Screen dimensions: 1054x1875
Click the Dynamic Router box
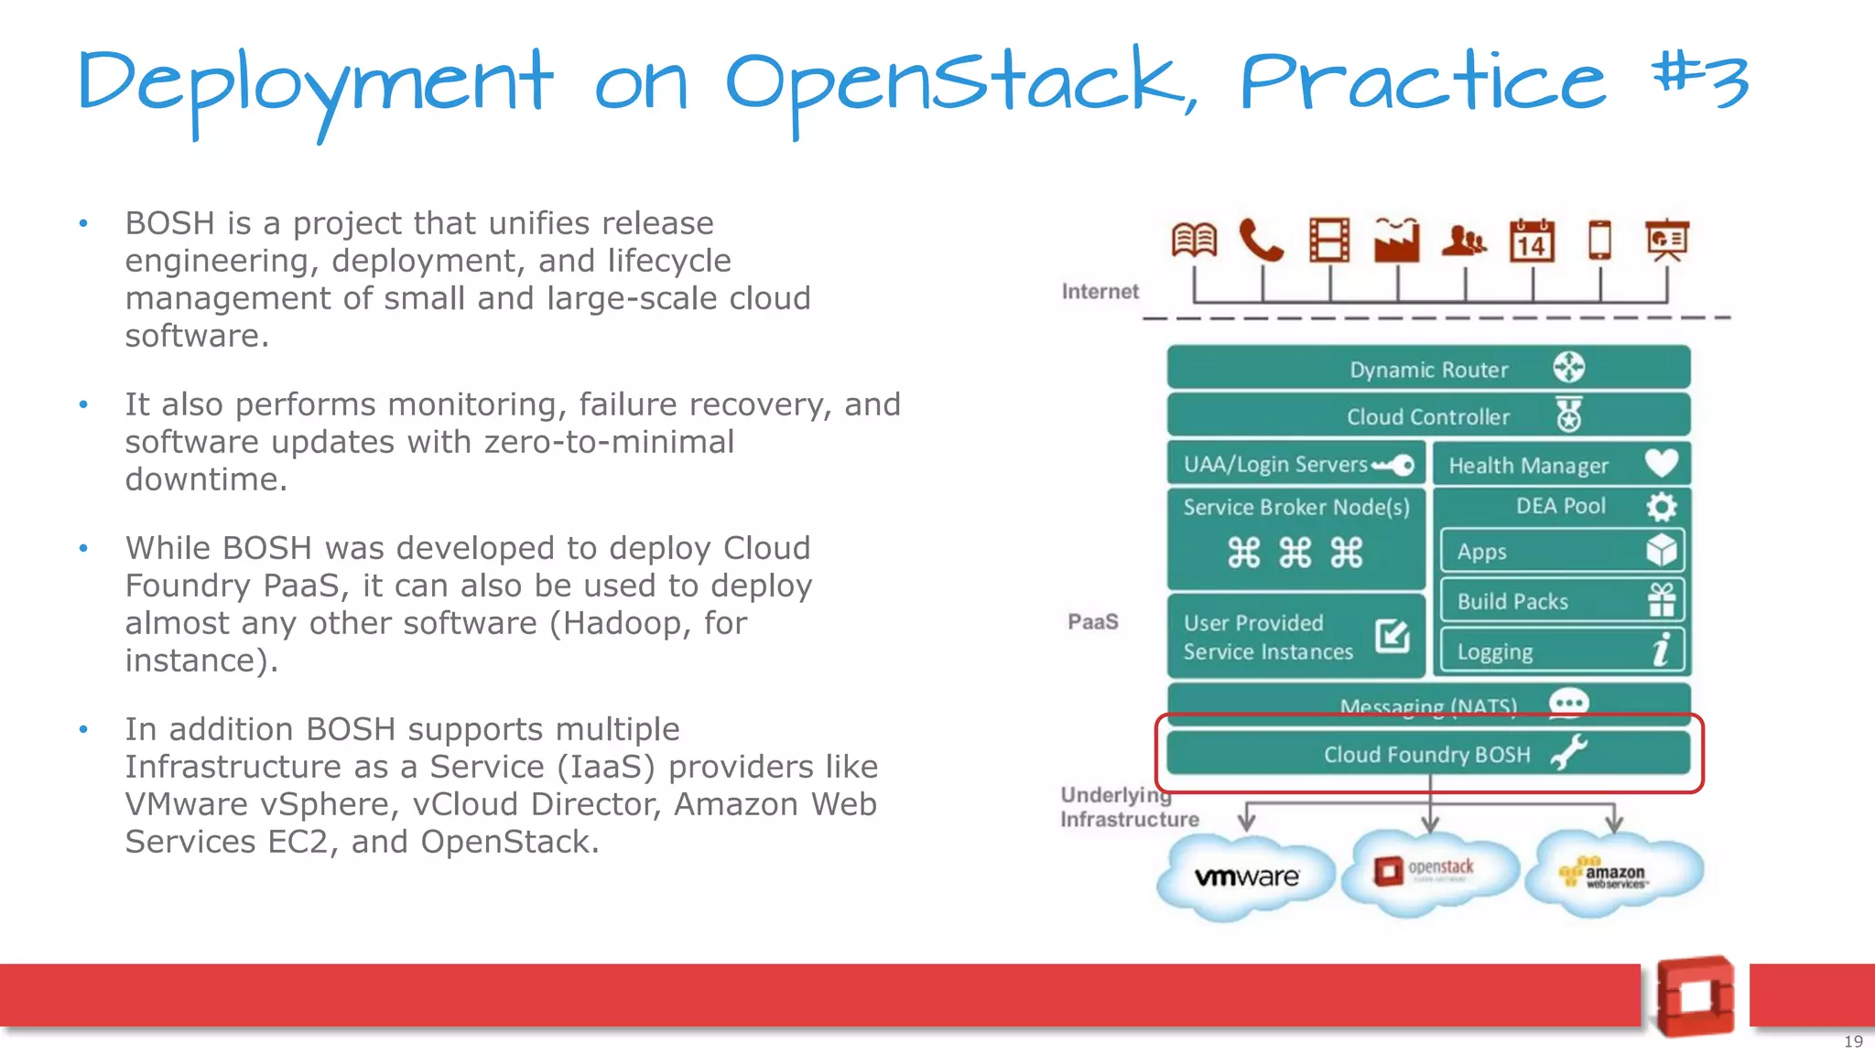pyautogui.click(x=1428, y=368)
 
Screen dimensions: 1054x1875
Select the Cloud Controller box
pyautogui.click(x=1428, y=416)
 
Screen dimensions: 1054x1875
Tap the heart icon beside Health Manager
pyautogui.click(x=1661, y=464)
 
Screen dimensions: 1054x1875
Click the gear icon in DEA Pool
pyautogui.click(x=1661, y=506)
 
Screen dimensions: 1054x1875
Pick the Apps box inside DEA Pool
pyautogui.click(x=1561, y=551)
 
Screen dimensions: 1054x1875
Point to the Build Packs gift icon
pyautogui.click(x=1661, y=600)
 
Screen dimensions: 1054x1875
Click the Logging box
pyautogui.click(x=1561, y=651)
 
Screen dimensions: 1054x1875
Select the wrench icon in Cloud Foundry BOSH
pyautogui.click(x=1569, y=753)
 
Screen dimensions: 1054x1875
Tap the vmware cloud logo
pyautogui.click(x=1246, y=877)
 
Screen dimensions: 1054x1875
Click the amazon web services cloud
pyautogui.click(x=1613, y=874)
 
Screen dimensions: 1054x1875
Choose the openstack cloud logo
pyautogui.click(x=1428, y=869)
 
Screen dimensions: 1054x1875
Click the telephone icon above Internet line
pyautogui.click(x=1261, y=241)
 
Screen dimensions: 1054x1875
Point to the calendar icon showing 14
pyautogui.click(x=1532, y=241)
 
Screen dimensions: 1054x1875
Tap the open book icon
pyautogui.click(x=1194, y=241)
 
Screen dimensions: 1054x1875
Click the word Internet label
pyautogui.click(x=1100, y=292)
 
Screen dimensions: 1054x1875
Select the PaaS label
pyautogui.click(x=1092, y=622)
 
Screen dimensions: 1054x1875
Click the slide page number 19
pyautogui.click(x=1853, y=1041)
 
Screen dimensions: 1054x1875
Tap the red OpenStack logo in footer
pyautogui.click(x=1695, y=996)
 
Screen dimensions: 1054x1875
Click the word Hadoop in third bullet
pyautogui.click(x=623, y=623)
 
